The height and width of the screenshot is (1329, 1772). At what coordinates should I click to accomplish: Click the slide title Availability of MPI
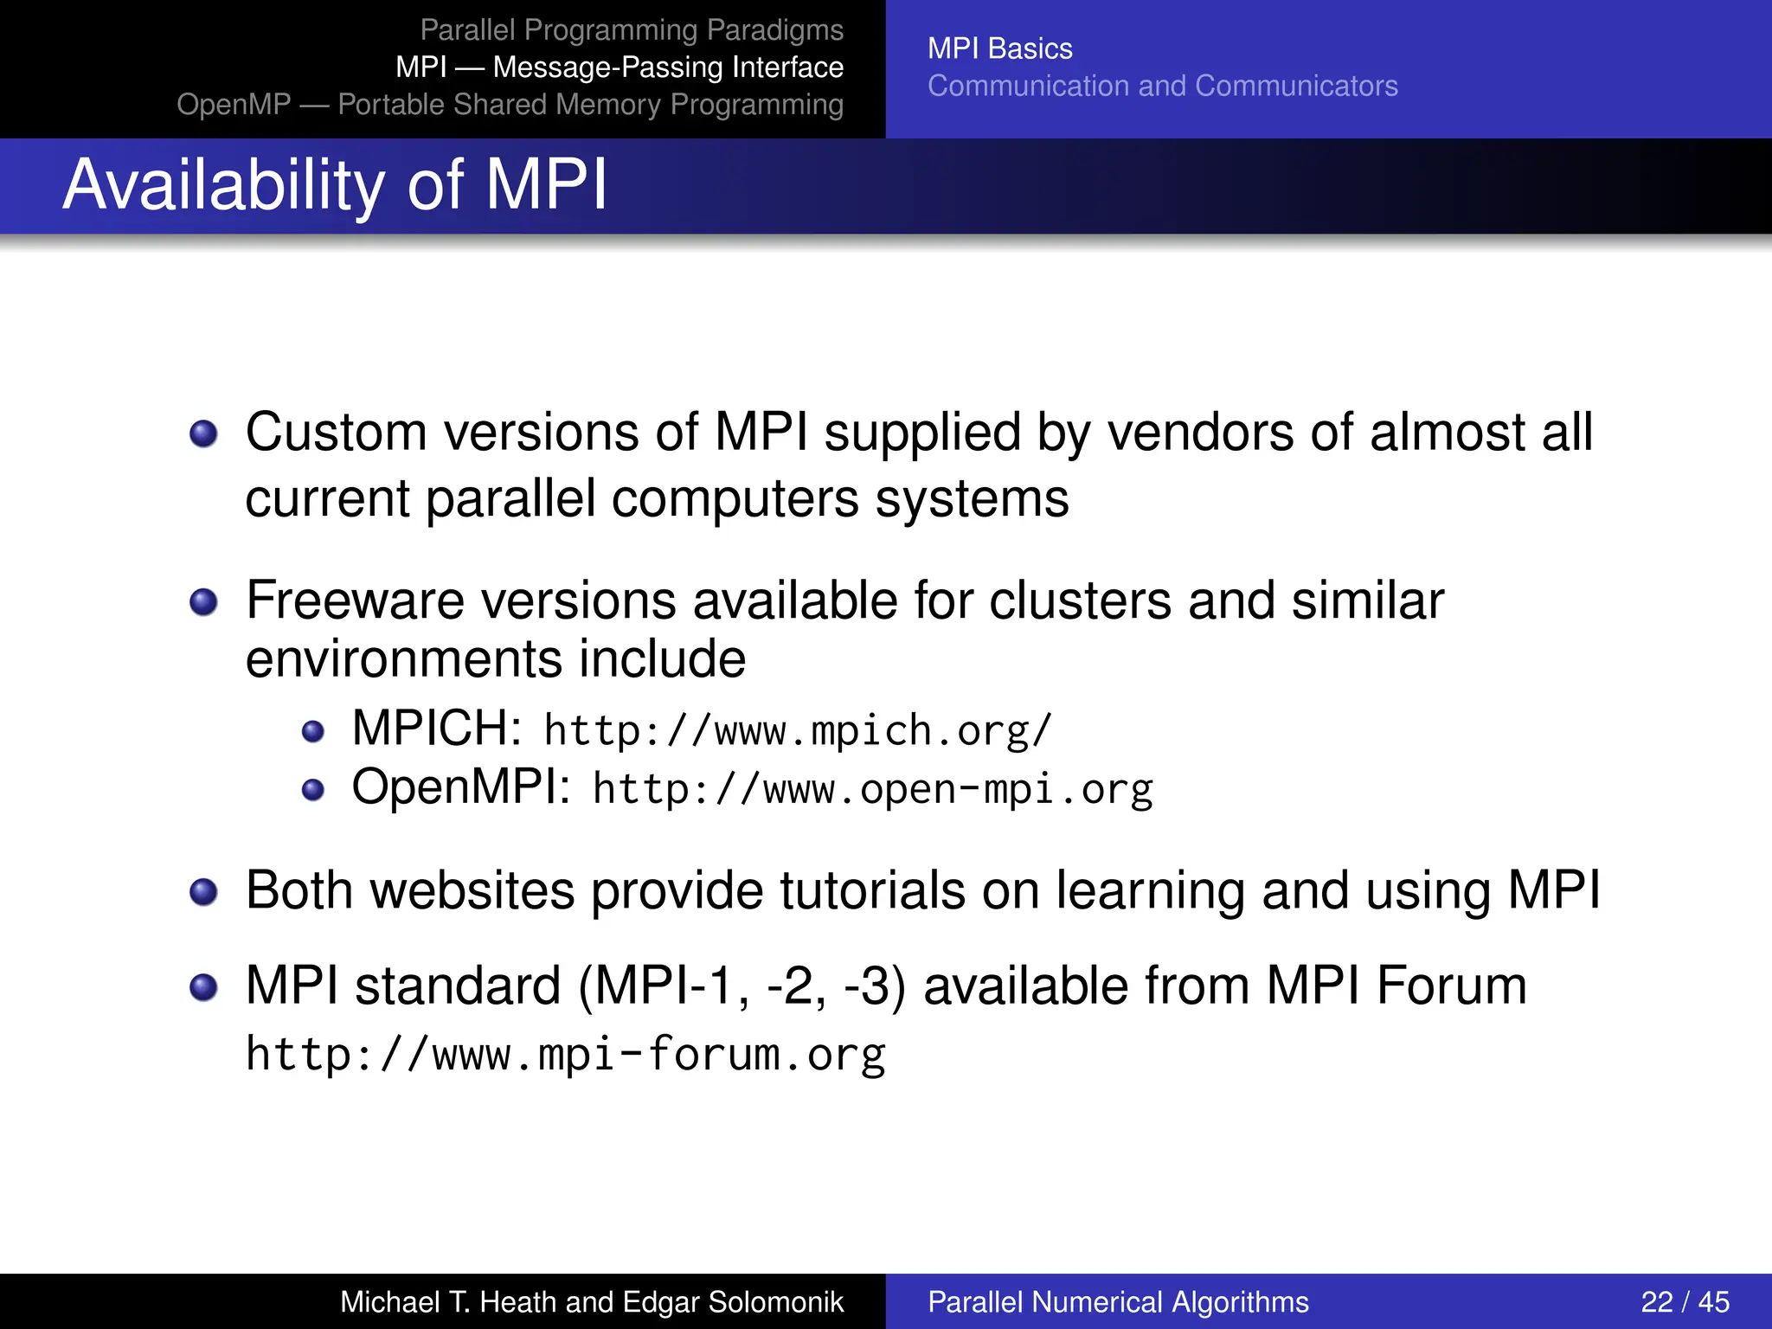(336, 185)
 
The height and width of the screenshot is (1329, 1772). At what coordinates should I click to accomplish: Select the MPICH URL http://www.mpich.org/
(798, 731)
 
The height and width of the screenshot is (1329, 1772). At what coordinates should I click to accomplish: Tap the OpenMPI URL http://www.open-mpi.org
(873, 789)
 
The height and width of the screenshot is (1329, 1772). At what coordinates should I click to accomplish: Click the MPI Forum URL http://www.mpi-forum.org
(565, 1055)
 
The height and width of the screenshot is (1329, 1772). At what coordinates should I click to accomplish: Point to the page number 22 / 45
(1685, 1301)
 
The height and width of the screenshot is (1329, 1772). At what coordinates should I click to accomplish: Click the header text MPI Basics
(999, 48)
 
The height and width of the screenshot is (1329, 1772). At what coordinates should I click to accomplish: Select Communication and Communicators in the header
(1162, 86)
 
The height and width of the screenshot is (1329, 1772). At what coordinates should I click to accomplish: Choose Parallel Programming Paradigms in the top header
(632, 29)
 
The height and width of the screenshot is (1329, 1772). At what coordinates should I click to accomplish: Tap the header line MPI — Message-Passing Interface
(620, 67)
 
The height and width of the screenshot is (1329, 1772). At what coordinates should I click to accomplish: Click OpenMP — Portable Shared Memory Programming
(510, 104)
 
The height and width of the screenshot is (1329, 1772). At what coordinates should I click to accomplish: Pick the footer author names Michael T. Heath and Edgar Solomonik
(591, 1301)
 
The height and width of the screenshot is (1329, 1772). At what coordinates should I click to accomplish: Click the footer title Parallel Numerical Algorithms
(1118, 1301)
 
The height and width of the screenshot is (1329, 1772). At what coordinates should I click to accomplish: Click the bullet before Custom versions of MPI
(203, 433)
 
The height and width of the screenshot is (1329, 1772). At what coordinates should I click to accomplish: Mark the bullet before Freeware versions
(203, 602)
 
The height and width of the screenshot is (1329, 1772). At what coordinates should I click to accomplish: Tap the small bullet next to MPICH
(312, 732)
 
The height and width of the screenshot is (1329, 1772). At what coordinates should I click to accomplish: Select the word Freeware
(355, 600)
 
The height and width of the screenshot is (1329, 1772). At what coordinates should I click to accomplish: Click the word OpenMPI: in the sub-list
(460, 787)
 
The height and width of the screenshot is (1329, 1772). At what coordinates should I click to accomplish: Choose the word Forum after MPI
(1451, 986)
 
